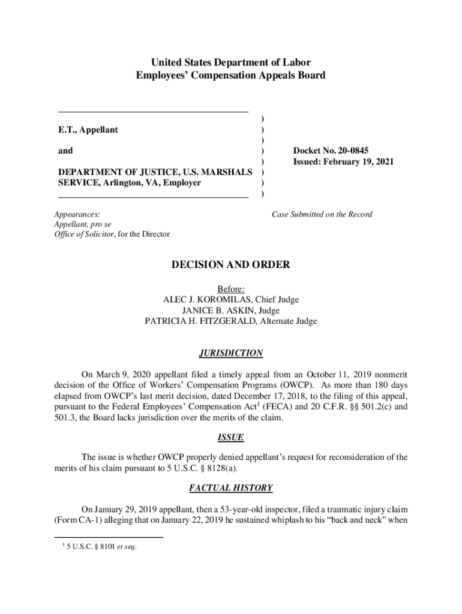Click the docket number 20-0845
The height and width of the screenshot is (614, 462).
tap(359, 151)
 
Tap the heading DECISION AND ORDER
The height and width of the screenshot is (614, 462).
tap(231, 264)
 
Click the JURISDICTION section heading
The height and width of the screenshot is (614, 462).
tap(231, 353)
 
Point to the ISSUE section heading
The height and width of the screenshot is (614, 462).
tap(231, 438)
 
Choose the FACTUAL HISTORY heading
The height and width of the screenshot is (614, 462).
tap(231, 488)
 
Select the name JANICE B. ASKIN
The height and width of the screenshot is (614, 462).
tap(214, 311)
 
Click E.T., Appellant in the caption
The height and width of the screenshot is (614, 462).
tap(88, 130)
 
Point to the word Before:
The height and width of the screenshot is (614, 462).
tap(231, 289)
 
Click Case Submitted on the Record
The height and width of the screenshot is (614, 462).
tap(322, 214)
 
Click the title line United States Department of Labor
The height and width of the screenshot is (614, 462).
tap(231, 62)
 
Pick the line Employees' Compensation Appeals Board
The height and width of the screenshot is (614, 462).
tap(231, 76)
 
